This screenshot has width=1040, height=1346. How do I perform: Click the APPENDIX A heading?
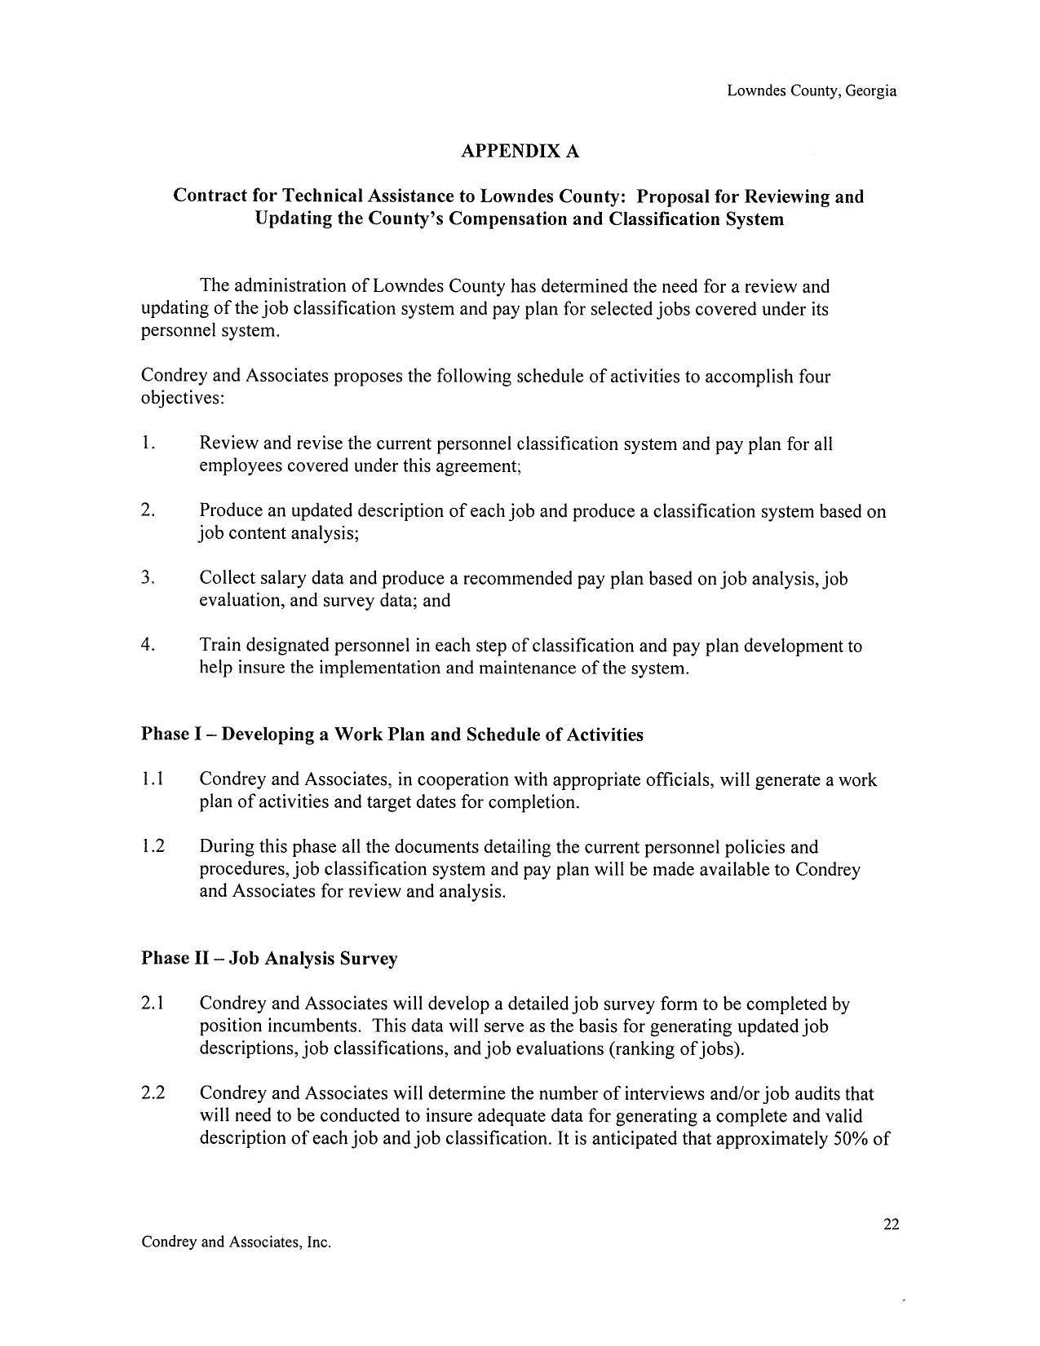[x=520, y=152]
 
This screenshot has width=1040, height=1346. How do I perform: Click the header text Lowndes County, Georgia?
[x=812, y=91]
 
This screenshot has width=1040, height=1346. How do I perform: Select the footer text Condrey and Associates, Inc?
[x=236, y=1242]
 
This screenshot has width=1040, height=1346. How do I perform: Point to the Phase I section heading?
[x=392, y=735]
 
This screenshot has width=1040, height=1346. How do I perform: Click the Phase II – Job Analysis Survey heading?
[x=269, y=958]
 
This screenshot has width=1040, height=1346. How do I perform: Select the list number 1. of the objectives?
[x=148, y=444]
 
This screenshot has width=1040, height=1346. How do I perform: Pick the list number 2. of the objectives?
[x=148, y=510]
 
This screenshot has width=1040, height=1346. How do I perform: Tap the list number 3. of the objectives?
[x=148, y=578]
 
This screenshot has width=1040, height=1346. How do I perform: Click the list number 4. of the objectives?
[x=148, y=645]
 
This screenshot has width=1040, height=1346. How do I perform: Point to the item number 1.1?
[x=153, y=779]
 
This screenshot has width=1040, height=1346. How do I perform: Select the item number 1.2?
[x=153, y=846]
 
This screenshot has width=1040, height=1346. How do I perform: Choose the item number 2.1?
[x=153, y=1004]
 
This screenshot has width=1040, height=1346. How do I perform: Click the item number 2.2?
[x=153, y=1093]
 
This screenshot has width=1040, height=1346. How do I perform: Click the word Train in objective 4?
[x=220, y=646]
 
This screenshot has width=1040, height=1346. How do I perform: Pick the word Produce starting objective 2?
[x=231, y=511]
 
